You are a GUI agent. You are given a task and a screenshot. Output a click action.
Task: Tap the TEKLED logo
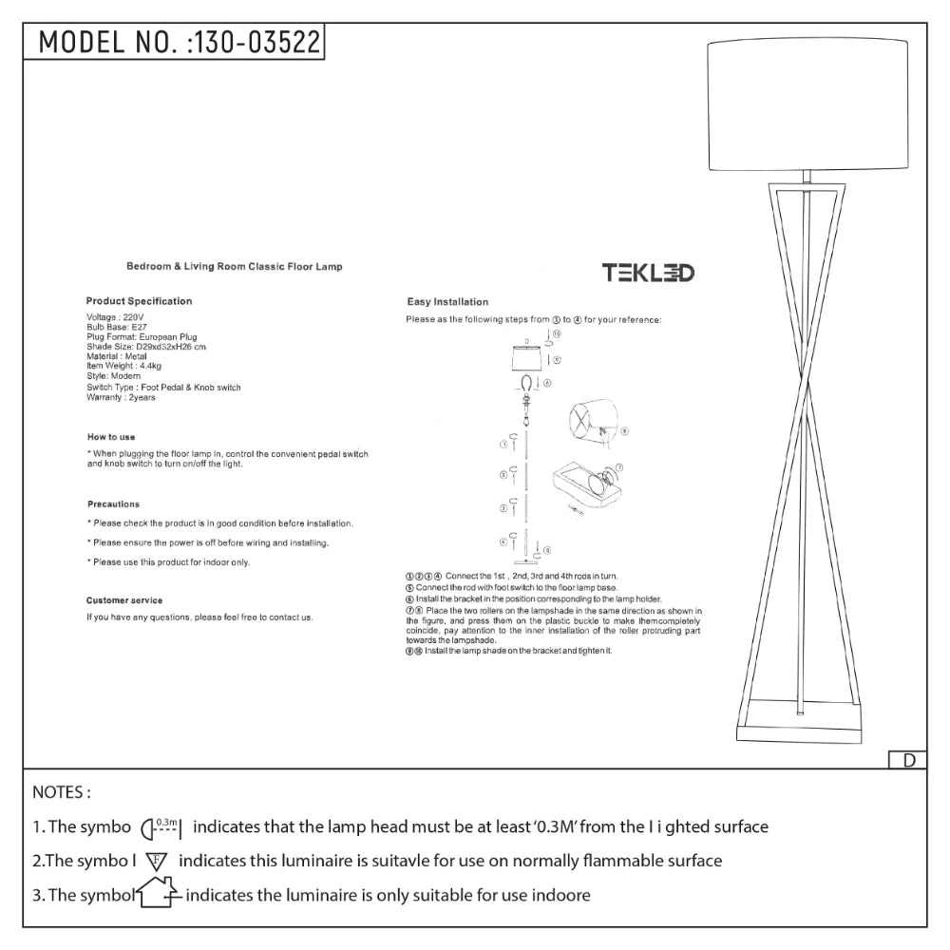coord(648,274)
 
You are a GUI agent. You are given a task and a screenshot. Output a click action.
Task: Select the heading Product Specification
coord(139,301)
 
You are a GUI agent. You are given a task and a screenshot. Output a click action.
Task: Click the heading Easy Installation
coord(447,302)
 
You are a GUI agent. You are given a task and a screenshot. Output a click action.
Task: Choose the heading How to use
coord(109,437)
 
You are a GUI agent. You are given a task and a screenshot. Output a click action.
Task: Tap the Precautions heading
coord(113,504)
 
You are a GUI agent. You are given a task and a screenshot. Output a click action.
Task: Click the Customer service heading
coord(124,600)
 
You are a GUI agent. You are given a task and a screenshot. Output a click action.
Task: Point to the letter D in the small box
coord(908,760)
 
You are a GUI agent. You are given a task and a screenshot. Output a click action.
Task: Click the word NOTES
coord(62,791)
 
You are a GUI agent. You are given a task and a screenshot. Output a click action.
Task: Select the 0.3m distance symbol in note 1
coord(162,827)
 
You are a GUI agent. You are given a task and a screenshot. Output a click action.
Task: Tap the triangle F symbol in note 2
coord(157,862)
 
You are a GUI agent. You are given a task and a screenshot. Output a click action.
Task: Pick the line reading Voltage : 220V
coord(115,317)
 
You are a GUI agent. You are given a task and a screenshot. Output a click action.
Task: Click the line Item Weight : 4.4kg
coord(123,366)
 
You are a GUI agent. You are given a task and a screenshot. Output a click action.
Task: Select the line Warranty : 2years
coord(121,397)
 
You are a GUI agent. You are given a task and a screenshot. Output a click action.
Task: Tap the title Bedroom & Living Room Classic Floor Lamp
coord(235,268)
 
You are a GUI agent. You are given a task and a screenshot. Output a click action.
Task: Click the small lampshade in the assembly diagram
coord(525,362)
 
